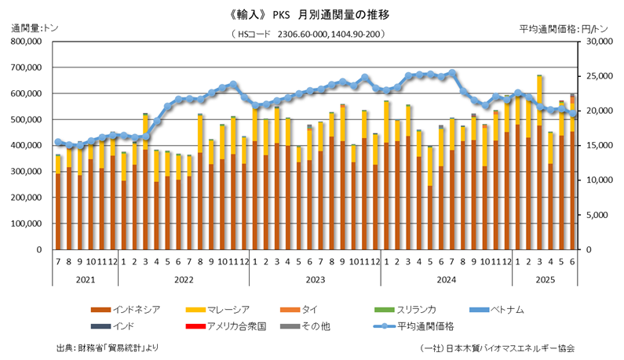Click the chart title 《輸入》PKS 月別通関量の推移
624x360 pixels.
point(312,14)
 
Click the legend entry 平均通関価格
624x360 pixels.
point(428,325)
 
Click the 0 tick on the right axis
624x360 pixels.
point(584,249)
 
